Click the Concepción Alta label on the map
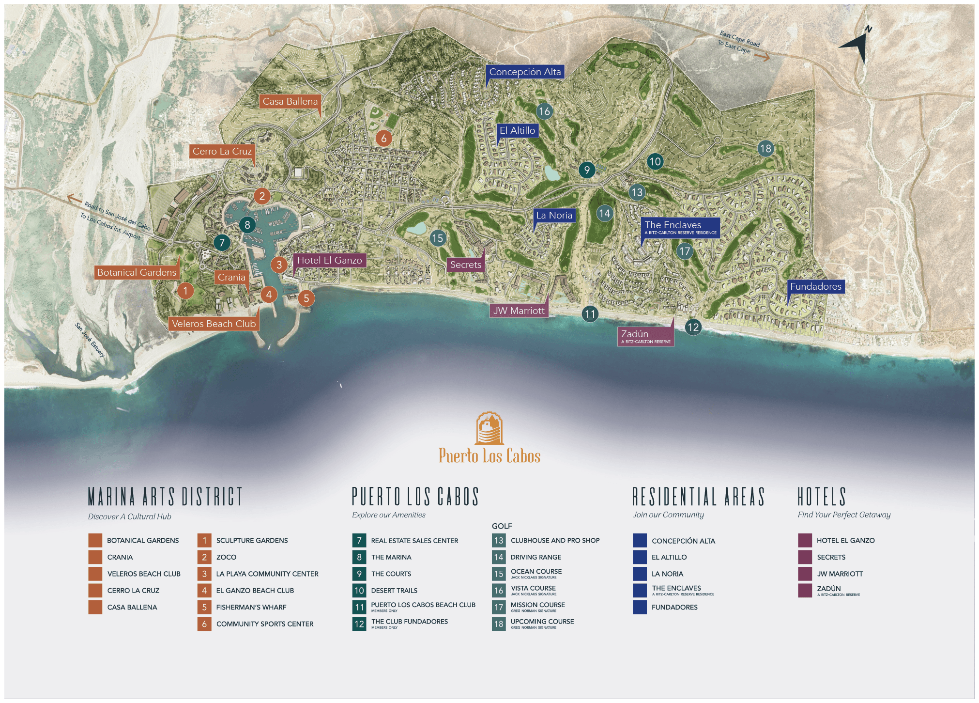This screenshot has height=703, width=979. [x=525, y=72]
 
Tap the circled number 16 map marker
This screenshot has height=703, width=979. [x=544, y=111]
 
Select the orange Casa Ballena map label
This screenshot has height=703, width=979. [x=290, y=101]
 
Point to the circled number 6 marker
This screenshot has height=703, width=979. [x=383, y=139]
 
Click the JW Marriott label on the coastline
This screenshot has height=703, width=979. [x=519, y=311]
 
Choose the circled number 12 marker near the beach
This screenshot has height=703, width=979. [x=693, y=327]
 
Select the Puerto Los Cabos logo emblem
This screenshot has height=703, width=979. [x=489, y=428]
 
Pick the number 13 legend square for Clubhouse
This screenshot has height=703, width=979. [x=499, y=540]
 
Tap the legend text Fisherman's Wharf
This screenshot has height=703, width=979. [x=251, y=607]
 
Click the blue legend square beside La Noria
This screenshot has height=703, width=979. [x=640, y=574]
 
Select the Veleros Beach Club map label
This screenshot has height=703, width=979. [x=214, y=324]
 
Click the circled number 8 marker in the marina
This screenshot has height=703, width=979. [x=247, y=225]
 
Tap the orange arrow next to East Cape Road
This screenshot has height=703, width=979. [x=762, y=57]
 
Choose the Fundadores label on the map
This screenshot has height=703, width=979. [x=815, y=286]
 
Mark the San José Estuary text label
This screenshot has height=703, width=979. [x=90, y=340]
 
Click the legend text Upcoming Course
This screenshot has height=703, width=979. [x=542, y=622]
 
